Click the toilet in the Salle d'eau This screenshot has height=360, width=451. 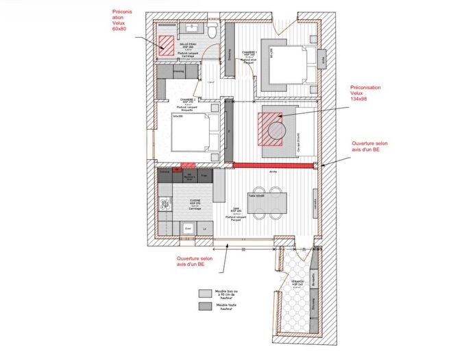(213, 31)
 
